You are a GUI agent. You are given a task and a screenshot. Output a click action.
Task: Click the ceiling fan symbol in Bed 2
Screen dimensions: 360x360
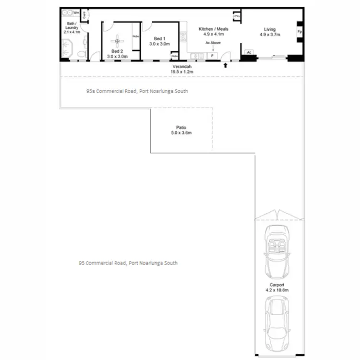click(x=117, y=40)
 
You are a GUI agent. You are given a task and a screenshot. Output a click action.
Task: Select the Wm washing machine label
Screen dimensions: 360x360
click(x=76, y=12)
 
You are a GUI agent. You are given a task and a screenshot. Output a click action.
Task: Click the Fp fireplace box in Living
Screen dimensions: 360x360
click(x=300, y=32)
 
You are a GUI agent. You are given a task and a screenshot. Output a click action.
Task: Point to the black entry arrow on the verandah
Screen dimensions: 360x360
click(x=225, y=65)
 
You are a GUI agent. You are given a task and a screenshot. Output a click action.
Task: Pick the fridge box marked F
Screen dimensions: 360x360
click(x=212, y=56)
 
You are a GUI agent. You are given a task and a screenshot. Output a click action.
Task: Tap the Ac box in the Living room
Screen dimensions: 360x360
click(x=249, y=52)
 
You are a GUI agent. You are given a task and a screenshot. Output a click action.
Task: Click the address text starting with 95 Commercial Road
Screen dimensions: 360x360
click(x=128, y=263)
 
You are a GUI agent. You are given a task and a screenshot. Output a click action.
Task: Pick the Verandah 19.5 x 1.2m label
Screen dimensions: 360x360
click(x=181, y=69)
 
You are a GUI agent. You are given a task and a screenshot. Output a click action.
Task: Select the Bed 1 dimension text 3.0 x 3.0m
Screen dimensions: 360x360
click(x=160, y=44)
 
